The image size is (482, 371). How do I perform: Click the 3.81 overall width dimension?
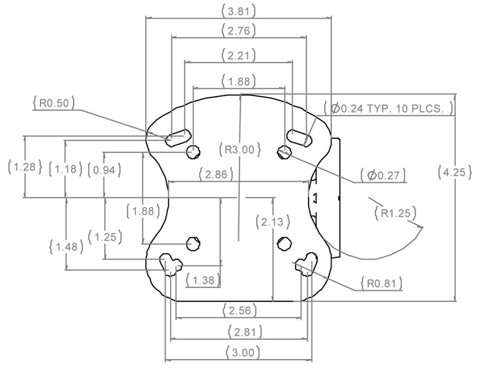(238, 11)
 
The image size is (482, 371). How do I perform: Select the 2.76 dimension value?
(238, 31)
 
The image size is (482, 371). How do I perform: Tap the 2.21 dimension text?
(238, 56)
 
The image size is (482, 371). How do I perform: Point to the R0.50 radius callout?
(54, 103)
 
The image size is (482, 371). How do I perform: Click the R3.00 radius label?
(240, 149)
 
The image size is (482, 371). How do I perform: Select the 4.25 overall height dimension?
(454, 172)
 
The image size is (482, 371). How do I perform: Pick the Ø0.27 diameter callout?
(383, 176)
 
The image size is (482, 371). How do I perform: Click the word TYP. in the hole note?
(379, 109)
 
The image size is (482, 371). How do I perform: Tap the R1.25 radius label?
(395, 213)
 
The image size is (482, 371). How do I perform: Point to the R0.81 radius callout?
(382, 284)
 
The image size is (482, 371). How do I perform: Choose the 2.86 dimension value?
(216, 174)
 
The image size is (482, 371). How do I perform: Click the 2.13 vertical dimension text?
(273, 222)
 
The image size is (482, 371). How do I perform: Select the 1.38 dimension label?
(203, 280)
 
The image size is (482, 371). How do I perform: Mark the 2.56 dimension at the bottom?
(240, 310)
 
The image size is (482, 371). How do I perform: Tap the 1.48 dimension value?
(66, 246)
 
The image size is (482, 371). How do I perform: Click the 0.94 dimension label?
(104, 170)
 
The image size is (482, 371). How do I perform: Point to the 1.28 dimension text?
(24, 167)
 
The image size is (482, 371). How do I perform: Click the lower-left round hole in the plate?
(193, 244)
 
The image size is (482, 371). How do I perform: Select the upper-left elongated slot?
(178, 137)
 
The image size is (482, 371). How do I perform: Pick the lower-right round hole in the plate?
(284, 244)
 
